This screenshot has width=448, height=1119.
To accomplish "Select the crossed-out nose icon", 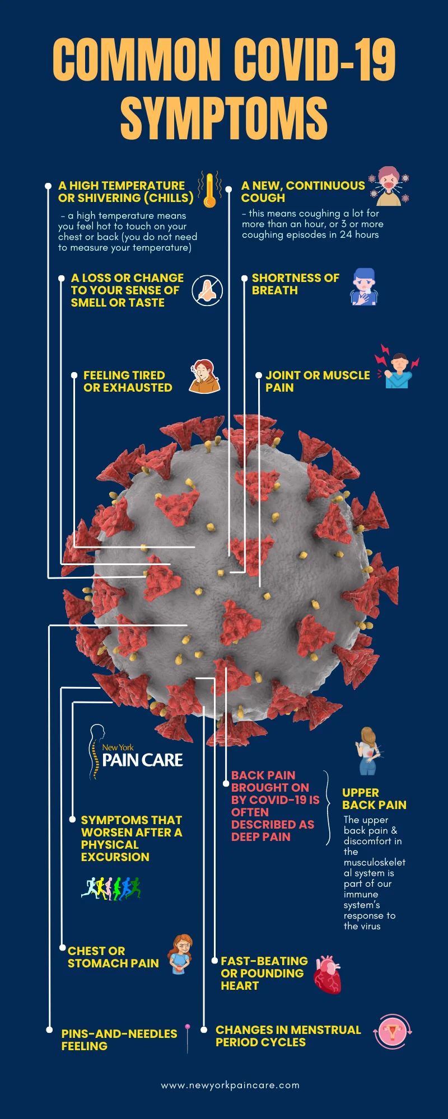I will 207,290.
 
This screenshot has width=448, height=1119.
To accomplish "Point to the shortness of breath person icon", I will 364,286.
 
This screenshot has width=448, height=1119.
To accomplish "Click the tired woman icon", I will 204,377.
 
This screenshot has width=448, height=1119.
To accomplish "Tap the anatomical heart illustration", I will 328,974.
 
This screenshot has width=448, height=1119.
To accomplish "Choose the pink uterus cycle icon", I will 393,1031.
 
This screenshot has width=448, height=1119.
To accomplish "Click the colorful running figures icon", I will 111,888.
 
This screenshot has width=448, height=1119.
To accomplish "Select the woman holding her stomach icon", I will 181,955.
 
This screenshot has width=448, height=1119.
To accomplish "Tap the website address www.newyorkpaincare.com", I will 230,1085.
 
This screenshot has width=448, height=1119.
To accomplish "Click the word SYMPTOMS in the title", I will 224,118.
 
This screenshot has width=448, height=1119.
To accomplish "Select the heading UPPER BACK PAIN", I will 374,799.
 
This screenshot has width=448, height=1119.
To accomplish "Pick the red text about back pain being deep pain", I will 274,806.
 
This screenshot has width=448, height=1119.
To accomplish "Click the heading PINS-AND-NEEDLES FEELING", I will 119,1040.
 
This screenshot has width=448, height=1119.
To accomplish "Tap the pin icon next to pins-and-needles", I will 188,1038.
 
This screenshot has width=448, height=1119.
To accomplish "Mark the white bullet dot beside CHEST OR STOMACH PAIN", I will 63,948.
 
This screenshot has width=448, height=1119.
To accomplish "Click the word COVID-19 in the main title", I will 315,60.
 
